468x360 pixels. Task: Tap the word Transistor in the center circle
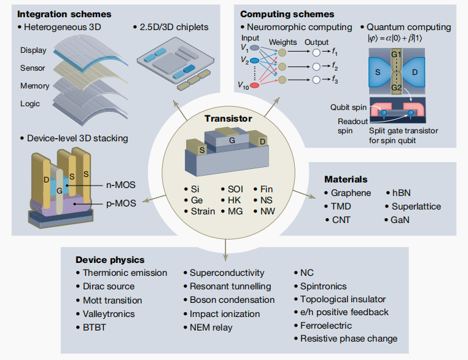tap(228, 119)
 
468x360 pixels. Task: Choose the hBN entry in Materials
tap(404, 193)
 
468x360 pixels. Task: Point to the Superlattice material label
tap(416, 206)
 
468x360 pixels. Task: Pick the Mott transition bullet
tap(112, 300)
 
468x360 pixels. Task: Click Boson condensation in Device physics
tap(232, 300)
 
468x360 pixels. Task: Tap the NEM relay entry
tap(211, 327)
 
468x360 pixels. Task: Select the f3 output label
tap(335, 80)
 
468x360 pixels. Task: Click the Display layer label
tap(33, 50)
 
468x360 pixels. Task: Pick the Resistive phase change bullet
tap(349, 338)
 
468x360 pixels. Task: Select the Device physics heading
tap(110, 260)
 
